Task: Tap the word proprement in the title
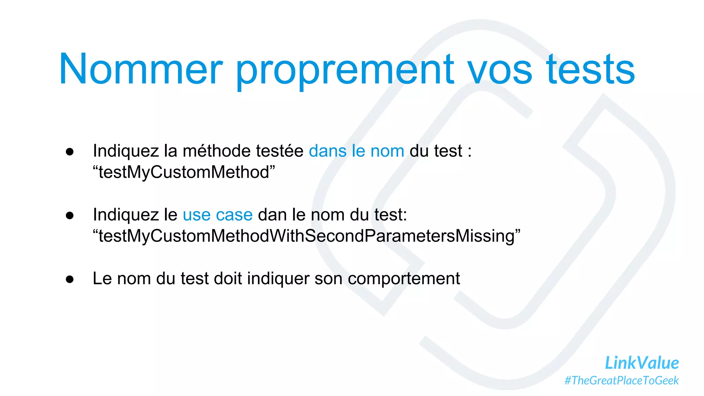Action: point(345,70)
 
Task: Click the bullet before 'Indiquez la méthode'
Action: point(70,152)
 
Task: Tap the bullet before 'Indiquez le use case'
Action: point(70,216)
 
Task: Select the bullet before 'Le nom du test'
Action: point(70,279)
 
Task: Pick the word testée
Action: point(279,151)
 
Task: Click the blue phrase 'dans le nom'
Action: point(356,151)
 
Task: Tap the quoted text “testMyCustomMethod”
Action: point(184,172)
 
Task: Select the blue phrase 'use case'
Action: point(218,215)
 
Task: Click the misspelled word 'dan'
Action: point(272,215)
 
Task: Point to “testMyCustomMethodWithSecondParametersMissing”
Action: point(307,236)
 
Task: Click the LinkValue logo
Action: point(641,363)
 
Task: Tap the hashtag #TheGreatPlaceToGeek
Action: point(621,381)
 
